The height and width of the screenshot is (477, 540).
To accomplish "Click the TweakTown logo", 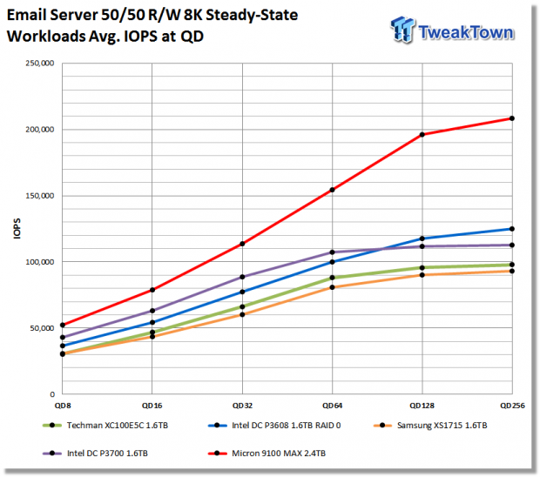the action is coord(452,30).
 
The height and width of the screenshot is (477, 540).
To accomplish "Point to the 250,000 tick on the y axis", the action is coord(40,64).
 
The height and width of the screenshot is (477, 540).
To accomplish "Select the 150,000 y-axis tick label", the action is coord(40,196).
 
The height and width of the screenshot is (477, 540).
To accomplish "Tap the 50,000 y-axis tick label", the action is coord(42,328).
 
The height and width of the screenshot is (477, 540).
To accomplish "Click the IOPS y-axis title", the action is coord(17,229).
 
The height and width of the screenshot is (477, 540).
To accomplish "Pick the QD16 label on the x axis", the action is coord(152,406).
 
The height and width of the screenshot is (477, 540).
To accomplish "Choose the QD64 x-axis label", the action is coord(333,406).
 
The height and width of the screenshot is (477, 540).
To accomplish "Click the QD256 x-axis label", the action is coord(512,406).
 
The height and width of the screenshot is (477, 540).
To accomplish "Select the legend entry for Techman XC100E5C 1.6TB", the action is coord(105,426).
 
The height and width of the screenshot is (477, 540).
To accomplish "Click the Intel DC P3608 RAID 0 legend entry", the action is coord(274,426).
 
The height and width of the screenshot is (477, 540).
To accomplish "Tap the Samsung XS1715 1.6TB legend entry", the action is coord(430,426).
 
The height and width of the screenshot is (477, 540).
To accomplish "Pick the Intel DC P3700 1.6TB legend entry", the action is coord(95,453).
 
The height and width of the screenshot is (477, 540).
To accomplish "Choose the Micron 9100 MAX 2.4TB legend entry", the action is coord(267,453).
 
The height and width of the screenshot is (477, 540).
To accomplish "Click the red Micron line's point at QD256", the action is coord(512,118).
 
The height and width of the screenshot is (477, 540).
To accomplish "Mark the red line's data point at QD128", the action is coord(422,135).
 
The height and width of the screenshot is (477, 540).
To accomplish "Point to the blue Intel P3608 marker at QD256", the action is coord(512,229).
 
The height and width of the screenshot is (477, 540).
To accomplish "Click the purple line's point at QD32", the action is coord(242,277).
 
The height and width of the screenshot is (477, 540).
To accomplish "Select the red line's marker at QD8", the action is coord(63,325).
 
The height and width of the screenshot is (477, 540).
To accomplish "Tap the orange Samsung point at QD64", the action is coord(333,287).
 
